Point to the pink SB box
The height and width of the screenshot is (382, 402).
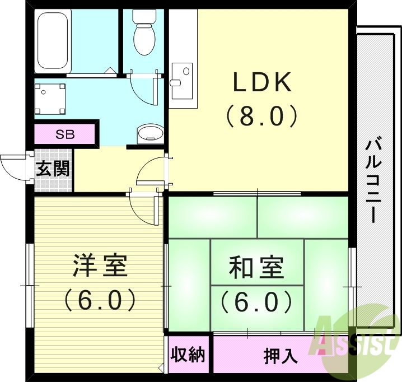(64, 134)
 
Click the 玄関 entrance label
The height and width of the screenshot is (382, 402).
(53, 169)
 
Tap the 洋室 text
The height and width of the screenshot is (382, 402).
(100, 267)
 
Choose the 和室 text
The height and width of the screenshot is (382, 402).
(256, 268)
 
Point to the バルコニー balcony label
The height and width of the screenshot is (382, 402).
(372, 180)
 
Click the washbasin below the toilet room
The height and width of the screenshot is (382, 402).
(150, 133)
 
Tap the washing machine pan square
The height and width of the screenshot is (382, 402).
(50, 99)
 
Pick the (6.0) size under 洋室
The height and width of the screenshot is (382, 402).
(100, 300)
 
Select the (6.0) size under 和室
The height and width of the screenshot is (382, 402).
(256, 302)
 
